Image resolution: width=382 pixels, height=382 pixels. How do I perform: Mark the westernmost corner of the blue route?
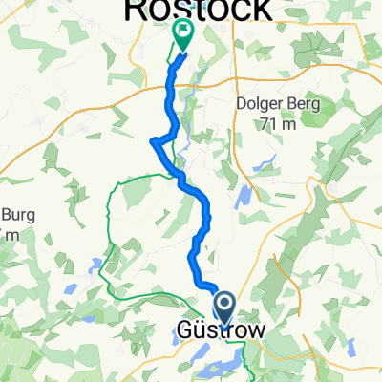[x=153, y=142]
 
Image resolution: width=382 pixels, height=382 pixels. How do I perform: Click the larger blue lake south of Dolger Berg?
[x=244, y=197]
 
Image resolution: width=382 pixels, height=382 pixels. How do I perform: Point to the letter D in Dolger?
[x=242, y=104]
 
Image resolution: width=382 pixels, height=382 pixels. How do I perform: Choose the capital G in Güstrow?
[x=186, y=331]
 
